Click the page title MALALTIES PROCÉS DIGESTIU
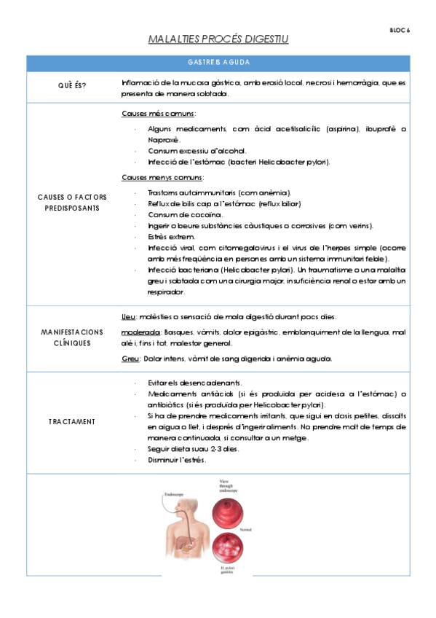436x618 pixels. (x=218, y=39)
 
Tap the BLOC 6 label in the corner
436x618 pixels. (x=400, y=30)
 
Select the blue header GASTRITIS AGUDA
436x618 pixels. (x=218, y=63)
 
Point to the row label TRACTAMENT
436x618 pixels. (x=72, y=421)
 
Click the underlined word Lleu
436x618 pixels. (x=128, y=316)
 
